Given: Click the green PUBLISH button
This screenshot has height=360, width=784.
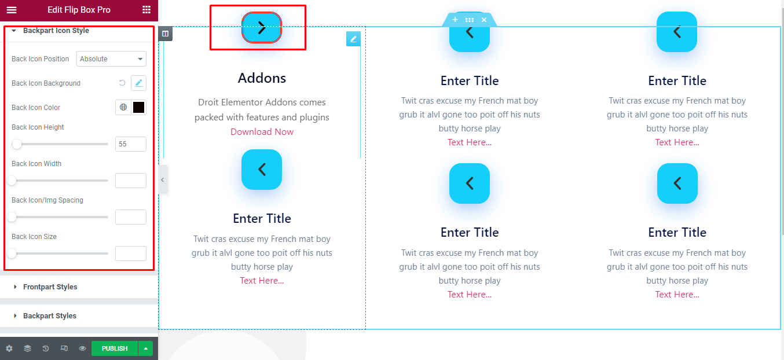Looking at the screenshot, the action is (x=115, y=348).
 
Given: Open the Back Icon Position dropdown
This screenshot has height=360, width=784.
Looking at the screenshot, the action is (x=111, y=59).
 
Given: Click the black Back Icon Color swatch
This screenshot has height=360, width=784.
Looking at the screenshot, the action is (x=138, y=108).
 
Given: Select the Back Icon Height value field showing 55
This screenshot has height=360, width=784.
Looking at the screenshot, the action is (x=130, y=144).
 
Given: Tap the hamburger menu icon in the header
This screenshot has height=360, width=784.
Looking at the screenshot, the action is (x=12, y=10).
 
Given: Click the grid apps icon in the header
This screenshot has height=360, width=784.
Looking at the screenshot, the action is (x=146, y=10).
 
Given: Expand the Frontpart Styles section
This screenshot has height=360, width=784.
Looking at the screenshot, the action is (x=50, y=287).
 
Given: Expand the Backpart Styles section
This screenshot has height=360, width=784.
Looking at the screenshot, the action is (x=50, y=315).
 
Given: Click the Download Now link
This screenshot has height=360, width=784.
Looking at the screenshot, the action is (x=262, y=132).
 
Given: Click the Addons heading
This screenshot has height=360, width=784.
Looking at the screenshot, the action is (x=262, y=78).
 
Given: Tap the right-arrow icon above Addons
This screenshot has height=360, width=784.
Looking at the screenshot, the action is (x=262, y=28).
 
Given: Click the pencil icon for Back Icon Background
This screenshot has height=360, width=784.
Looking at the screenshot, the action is (x=138, y=83).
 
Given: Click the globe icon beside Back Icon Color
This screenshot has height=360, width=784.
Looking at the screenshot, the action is (x=123, y=108).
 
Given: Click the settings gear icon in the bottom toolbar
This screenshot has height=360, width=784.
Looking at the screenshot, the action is (x=9, y=348).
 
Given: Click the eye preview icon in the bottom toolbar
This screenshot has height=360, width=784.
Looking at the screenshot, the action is (x=82, y=348).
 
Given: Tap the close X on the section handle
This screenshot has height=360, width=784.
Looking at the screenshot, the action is (x=484, y=20).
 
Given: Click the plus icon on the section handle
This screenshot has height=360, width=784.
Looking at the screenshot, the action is (x=455, y=20).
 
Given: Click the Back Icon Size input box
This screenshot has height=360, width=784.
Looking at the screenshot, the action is (x=130, y=254).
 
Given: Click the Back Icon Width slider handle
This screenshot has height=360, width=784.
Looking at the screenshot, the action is (x=12, y=181).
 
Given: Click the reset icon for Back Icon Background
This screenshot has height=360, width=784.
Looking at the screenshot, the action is (x=122, y=83).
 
